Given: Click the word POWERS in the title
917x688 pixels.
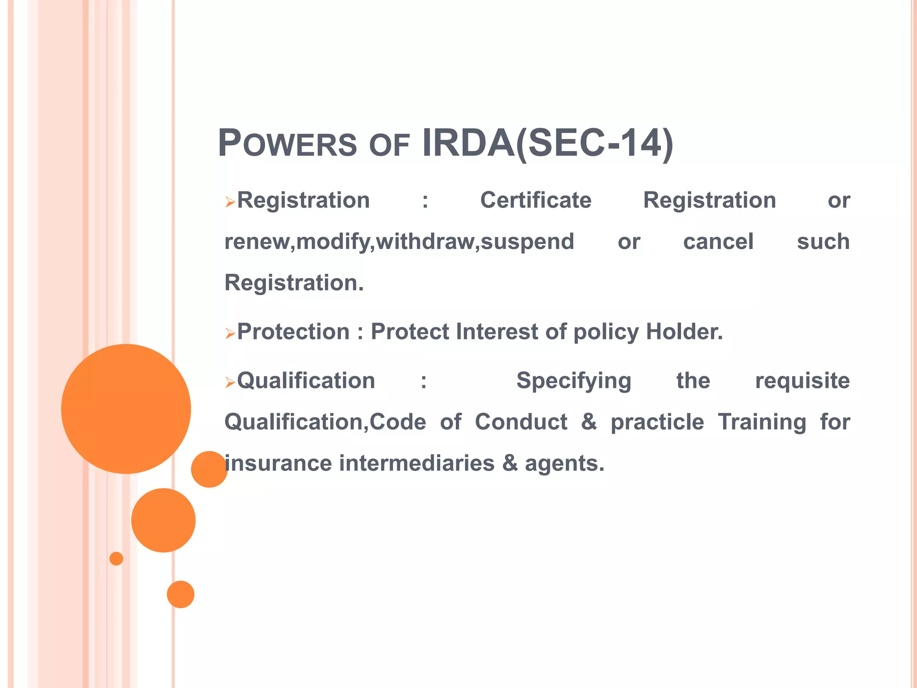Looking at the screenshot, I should click(287, 144).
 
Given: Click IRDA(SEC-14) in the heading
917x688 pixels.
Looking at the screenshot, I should click(547, 143).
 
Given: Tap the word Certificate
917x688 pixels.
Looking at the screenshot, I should click(536, 200).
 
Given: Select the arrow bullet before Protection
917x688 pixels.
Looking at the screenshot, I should click(230, 333).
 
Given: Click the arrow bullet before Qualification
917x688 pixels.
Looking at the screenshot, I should click(230, 382).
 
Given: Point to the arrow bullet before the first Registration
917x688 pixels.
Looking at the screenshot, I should click(230, 202).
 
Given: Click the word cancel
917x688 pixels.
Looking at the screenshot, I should click(718, 241).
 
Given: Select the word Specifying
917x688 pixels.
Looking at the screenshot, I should click(574, 382).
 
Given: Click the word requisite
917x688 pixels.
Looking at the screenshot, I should click(802, 381).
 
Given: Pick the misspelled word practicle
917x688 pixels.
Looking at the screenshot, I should click(657, 422).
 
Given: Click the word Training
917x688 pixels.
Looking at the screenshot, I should click(762, 422).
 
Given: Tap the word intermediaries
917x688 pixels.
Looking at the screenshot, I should click(416, 463).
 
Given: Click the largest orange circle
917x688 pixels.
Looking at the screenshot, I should click(126, 408).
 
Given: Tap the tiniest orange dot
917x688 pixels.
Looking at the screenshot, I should click(116, 559).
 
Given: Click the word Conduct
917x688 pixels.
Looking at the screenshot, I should click(521, 422).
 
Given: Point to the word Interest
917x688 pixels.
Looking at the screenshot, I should click(497, 332).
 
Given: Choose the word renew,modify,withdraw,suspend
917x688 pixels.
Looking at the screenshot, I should click(399, 242).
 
